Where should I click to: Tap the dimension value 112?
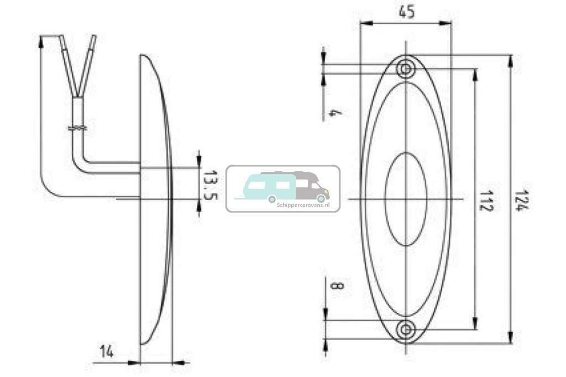pos(486,200)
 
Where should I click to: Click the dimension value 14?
pos(107,351)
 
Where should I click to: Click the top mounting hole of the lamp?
pos(406,69)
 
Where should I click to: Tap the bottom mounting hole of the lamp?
pos(406,330)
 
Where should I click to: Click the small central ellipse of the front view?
pos(406,198)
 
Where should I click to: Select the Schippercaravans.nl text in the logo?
pos(298,204)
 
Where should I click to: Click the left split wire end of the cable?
pos(62,38)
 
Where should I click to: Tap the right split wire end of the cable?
pos(93,38)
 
